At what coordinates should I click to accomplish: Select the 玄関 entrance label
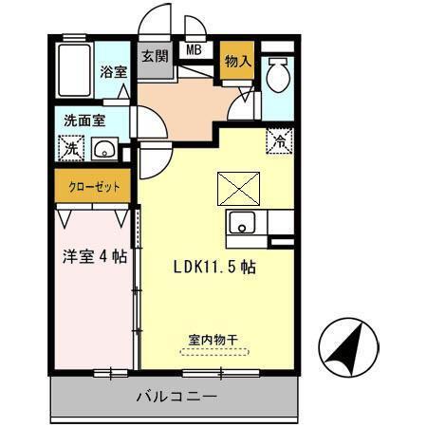155,56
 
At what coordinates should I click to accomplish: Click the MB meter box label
194,50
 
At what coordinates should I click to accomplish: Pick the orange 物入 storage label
237,61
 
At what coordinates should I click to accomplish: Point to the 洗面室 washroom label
84,121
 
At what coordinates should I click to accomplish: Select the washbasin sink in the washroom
105,149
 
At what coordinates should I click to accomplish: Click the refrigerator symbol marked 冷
281,140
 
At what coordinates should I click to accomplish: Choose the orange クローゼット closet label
93,187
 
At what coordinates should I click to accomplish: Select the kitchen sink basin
240,224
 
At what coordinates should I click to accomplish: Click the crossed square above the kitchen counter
233,187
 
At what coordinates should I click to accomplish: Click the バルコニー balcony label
176,396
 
